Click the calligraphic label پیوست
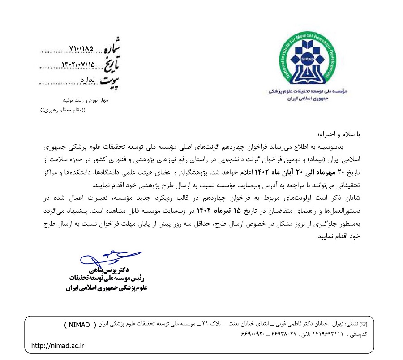click(111, 81)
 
